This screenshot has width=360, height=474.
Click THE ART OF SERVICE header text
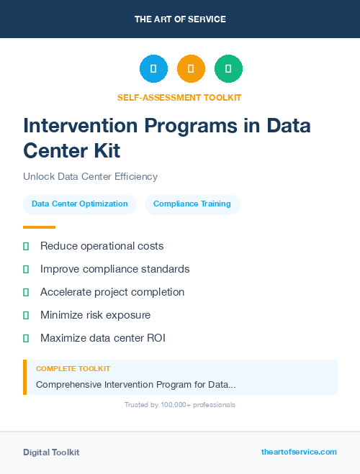pos(180,19)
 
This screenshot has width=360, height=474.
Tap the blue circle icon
pos(153,69)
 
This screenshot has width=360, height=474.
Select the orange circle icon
pos(191,69)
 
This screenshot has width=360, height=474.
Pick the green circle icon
pos(228,69)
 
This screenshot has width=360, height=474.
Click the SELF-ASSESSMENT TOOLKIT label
pos(179,97)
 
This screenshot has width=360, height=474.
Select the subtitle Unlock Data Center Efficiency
pos(90,176)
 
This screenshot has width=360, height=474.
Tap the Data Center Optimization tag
pos(80,204)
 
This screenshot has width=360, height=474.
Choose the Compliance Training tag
pos(192,204)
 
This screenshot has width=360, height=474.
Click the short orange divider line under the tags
pos(39,227)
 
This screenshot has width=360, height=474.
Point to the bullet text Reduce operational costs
pos(102,246)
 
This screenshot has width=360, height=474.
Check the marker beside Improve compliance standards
pos(26,269)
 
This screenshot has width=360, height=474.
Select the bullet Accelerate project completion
pos(112,292)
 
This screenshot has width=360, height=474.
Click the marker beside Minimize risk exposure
pos(26,315)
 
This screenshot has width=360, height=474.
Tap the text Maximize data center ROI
pos(103,338)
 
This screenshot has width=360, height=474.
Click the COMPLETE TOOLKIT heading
pos(73,369)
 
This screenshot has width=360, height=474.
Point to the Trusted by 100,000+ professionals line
pos(180,405)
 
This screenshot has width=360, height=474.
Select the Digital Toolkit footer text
pos(51,452)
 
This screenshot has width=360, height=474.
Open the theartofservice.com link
pos(299,452)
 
